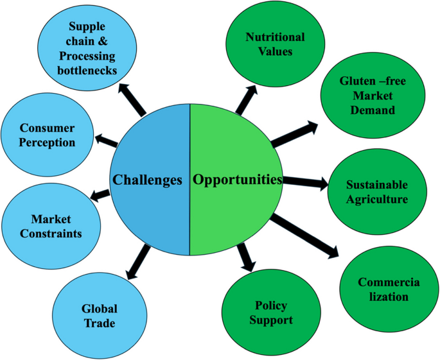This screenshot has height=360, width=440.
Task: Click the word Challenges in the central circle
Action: coord(148,180)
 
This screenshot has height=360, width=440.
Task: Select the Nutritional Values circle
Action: coord(275,43)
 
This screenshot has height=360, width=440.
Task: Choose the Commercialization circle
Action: coord(383,289)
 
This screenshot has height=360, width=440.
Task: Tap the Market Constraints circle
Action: coord(51,226)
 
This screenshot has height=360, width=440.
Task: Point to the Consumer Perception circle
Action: coord(47,135)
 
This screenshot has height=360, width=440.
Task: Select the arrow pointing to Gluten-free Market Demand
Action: coord(294,132)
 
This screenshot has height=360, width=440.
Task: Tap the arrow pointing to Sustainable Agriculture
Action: coord(304,183)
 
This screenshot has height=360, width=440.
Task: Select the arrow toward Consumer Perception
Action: coord(105,139)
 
